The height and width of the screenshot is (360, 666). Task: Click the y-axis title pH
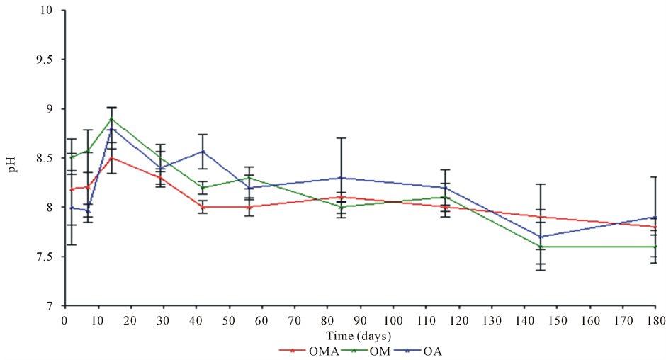(13, 158)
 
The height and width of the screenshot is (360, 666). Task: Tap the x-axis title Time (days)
(360, 334)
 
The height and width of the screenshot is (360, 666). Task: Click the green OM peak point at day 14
(111, 119)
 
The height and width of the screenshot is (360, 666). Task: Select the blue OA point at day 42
(203, 151)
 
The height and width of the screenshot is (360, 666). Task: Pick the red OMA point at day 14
(111, 158)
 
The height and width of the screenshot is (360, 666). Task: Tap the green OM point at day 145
(540, 247)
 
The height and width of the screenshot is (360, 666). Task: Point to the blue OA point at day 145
(540, 237)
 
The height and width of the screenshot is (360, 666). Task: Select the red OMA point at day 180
(655, 227)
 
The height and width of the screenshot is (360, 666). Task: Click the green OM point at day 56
(249, 178)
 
